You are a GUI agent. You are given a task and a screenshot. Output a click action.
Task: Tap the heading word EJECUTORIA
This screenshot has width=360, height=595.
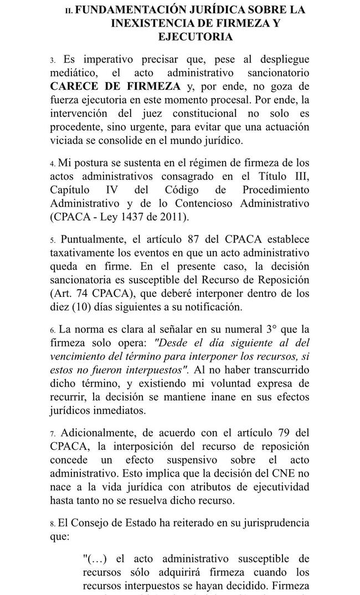click(194, 37)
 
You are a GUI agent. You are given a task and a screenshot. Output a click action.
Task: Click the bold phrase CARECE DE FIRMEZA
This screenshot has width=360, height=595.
click(115, 86)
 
